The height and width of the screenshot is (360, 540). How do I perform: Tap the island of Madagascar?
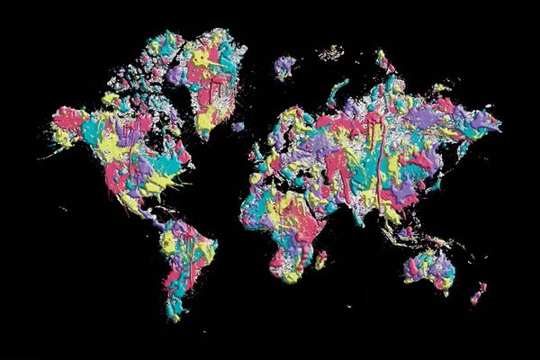(320, 259)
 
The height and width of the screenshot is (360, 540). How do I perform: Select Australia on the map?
(430, 268)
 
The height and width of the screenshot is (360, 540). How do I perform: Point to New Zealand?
(478, 293)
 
